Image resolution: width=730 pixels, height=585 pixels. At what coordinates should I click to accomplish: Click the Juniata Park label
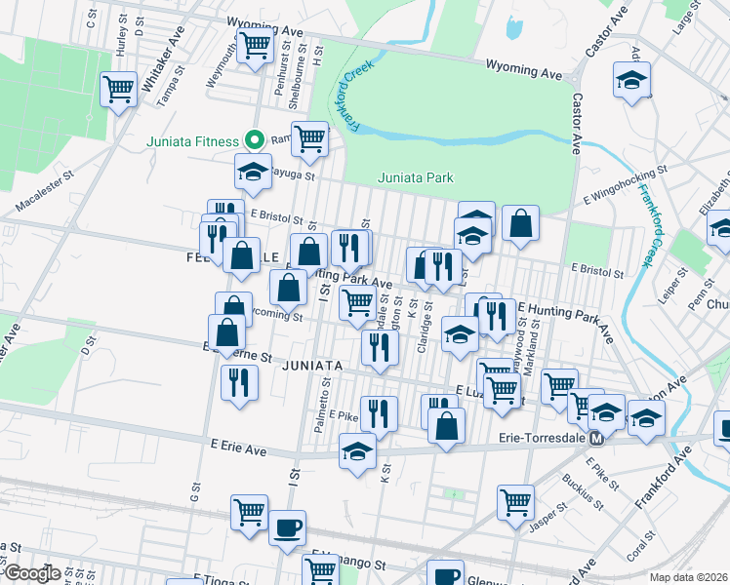click(x=416, y=177)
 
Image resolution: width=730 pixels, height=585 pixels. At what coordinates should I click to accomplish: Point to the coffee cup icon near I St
click(x=287, y=527)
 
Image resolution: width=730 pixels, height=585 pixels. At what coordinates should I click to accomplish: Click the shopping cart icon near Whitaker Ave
click(x=118, y=89)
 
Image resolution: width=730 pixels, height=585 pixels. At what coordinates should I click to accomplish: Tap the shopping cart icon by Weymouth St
click(x=255, y=44)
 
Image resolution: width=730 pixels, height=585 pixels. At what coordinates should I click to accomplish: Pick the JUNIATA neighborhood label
click(x=312, y=366)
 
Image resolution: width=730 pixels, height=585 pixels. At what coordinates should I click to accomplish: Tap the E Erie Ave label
click(x=238, y=448)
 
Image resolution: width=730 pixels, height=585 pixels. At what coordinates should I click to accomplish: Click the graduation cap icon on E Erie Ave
click(x=357, y=451)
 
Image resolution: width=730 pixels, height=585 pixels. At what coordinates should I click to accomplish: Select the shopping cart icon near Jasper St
click(x=515, y=502)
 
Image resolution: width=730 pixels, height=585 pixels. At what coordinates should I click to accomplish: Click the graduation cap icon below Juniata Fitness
click(x=253, y=172)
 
